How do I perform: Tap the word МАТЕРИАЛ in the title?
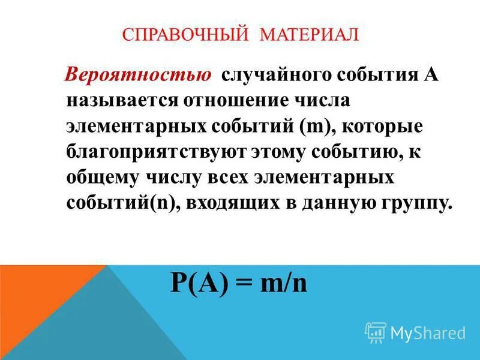pos(310,34)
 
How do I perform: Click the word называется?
pos(118,101)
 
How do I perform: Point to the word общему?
pos(104,178)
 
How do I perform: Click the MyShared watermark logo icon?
pos(375,332)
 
